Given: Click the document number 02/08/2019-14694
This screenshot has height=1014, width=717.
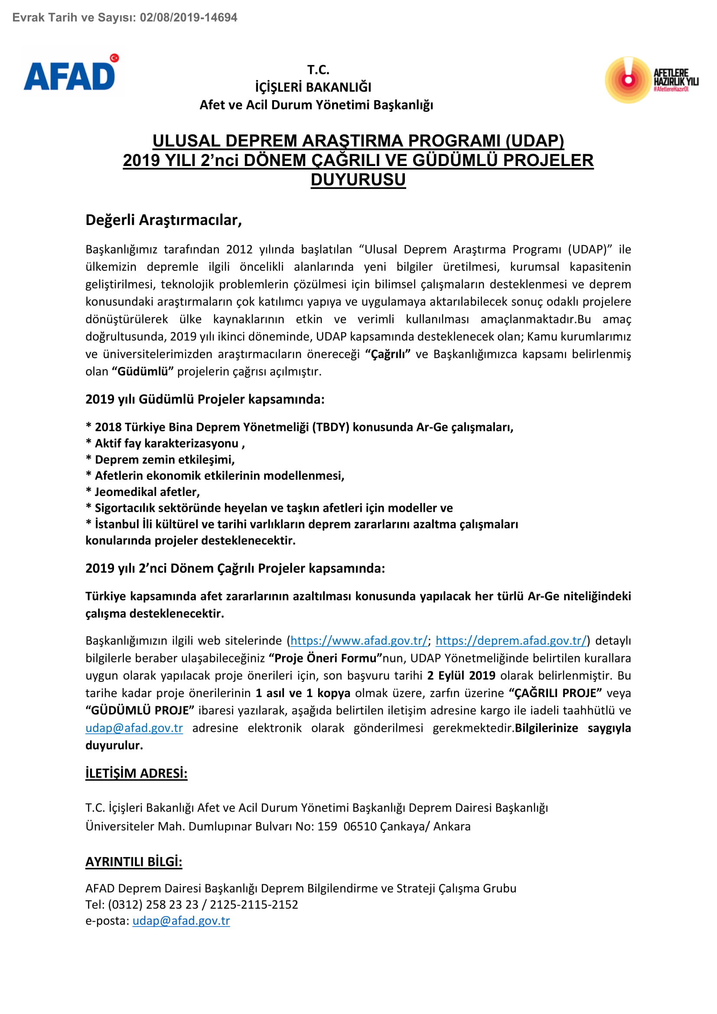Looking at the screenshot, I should click(189, 18).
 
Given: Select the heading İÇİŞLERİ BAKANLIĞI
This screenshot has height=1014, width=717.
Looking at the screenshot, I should click(313, 88).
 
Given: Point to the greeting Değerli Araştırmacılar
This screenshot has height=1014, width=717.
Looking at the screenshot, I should click(163, 220).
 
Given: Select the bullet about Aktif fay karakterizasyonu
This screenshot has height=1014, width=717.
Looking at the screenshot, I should click(166, 443).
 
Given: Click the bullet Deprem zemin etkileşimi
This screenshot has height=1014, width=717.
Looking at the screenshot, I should click(161, 460).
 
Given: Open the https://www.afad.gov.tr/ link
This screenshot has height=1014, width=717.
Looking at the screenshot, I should click(359, 641).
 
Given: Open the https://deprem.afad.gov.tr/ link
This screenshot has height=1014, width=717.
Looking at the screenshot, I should click(511, 641).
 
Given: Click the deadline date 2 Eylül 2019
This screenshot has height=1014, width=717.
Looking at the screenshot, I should click(461, 676).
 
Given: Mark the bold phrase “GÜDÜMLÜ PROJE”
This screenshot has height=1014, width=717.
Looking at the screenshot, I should click(140, 711).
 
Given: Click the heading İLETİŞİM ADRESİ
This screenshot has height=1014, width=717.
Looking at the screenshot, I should click(137, 773).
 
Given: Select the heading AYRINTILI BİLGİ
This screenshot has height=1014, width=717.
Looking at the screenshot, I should click(134, 862).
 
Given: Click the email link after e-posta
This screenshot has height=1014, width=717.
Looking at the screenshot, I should click(181, 921).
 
